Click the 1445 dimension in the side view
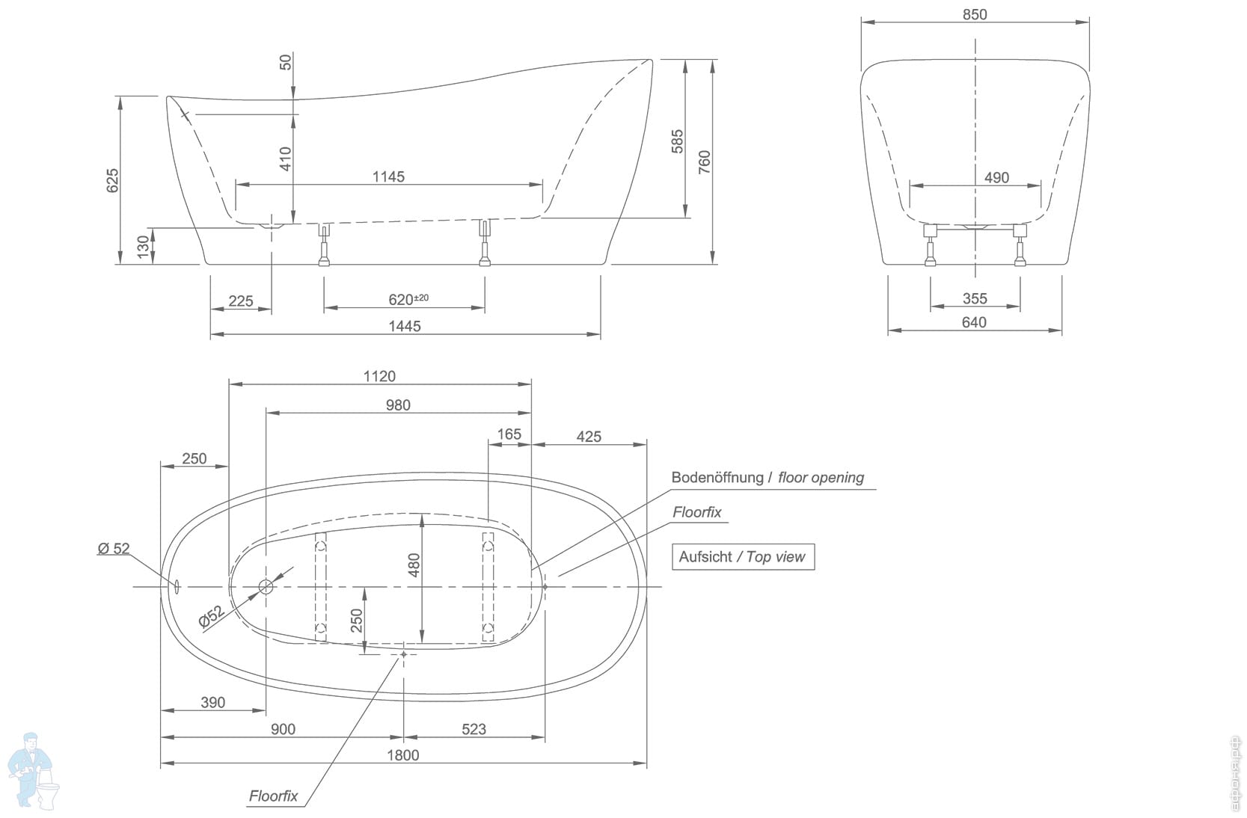404,326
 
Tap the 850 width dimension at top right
975,14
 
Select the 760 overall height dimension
705,162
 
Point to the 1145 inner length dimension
388,176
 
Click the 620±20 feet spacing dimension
408,299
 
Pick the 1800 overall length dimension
402,755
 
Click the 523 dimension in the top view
474,729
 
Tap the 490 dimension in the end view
996,177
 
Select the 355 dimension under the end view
975,298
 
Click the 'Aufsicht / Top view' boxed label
742,557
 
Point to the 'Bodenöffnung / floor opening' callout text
767,477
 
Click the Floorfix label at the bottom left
273,796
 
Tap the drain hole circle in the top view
266,587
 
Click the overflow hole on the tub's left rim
177,587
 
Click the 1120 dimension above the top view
379,376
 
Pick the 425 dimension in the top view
589,437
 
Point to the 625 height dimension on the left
112,180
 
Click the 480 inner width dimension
414,565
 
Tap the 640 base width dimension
974,322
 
